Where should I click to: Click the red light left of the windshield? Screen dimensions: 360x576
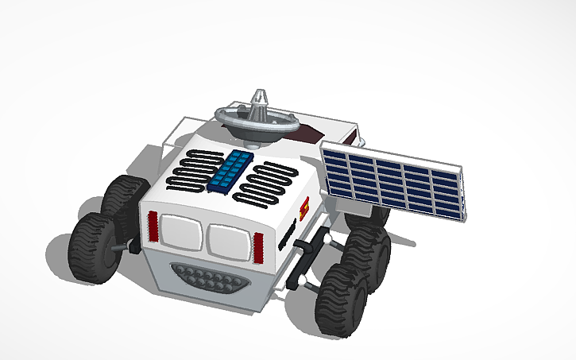coord(153,228)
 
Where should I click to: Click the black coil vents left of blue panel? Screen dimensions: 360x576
coord(193,168)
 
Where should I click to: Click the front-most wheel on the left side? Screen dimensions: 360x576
coord(94,248)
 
